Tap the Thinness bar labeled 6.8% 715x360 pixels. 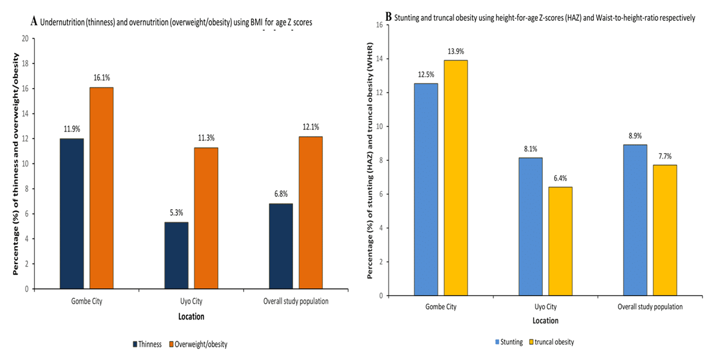[281, 246]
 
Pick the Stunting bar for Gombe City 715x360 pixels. [426, 189]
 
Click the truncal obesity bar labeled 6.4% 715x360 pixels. [561, 241]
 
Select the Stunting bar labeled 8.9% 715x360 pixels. [635, 220]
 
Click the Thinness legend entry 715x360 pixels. [148, 344]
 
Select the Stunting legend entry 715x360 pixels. [508, 342]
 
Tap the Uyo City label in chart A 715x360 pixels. [191, 301]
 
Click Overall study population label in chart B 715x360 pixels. [649, 306]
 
